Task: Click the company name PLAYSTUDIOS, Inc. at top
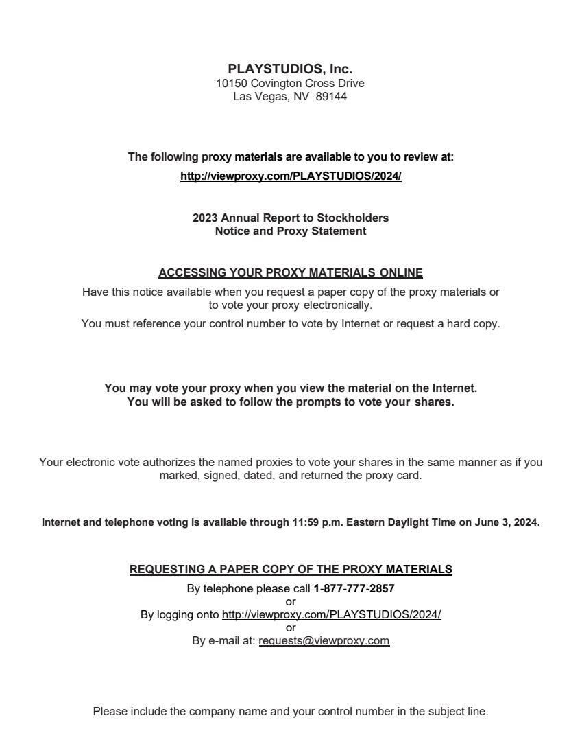[x=290, y=69]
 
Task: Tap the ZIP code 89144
[x=331, y=97]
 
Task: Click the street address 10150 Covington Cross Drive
[x=290, y=83]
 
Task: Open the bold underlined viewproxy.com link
[x=291, y=176]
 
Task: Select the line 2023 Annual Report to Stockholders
[x=291, y=218]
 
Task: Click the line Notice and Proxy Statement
[x=291, y=231]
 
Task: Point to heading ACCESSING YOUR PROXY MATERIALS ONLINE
[x=291, y=272]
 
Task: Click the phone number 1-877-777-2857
[x=354, y=588]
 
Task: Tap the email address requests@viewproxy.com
[x=324, y=641]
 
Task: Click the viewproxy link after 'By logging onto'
[x=331, y=614]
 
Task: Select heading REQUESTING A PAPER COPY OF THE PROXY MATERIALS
[x=291, y=569]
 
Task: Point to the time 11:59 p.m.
[x=317, y=522]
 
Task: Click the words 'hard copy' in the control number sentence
[x=474, y=323]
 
